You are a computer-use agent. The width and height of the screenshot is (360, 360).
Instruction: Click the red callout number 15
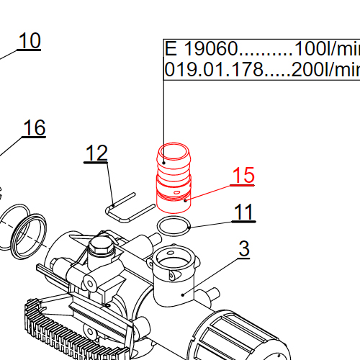(x=243, y=175)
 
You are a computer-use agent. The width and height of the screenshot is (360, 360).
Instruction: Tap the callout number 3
(x=244, y=249)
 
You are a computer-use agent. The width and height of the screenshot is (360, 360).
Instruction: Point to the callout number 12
(x=96, y=153)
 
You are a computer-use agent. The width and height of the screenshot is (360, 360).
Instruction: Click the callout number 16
(x=34, y=128)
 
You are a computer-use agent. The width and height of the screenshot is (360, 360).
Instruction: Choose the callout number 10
(x=29, y=41)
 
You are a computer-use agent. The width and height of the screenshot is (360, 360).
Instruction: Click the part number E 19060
(x=201, y=50)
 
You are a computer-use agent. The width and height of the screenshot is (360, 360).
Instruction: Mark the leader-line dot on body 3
(x=184, y=293)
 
